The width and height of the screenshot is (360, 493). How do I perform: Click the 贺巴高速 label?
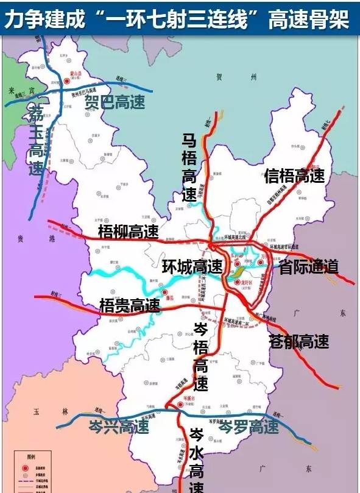(x=115, y=102)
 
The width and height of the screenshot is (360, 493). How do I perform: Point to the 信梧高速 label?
(x=295, y=176)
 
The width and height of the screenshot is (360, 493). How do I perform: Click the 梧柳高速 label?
(x=128, y=232)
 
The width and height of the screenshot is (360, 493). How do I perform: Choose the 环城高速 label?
(x=192, y=266)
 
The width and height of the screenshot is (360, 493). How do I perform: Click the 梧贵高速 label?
(x=129, y=305)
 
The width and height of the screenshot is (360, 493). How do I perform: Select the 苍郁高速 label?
(x=298, y=342)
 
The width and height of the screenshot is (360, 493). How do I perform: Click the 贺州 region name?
(x=237, y=77)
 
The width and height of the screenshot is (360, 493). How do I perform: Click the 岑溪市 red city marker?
(x=179, y=404)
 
